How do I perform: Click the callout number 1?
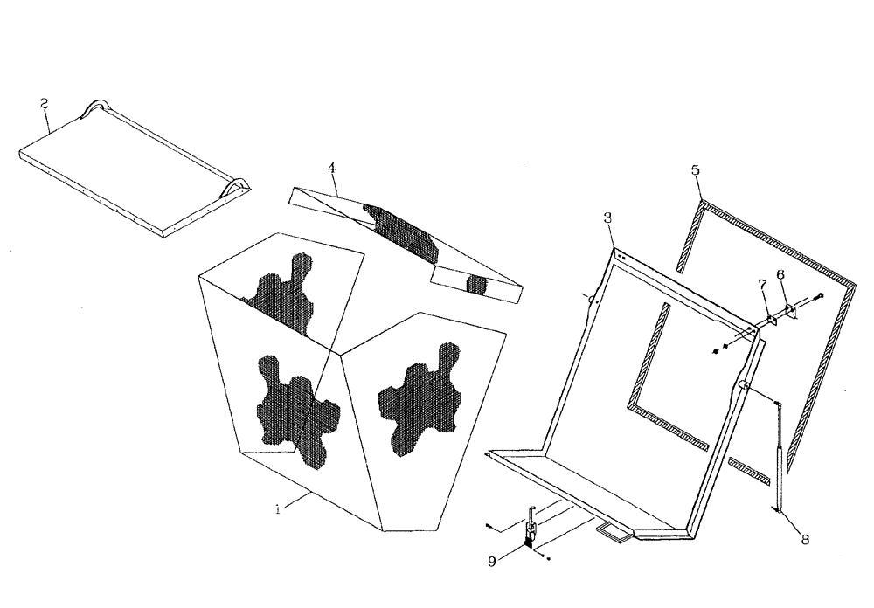point(278,509)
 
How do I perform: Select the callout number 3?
point(607,218)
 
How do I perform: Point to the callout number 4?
point(331,168)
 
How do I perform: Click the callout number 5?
point(696,169)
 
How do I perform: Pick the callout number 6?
point(780,274)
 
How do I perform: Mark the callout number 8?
point(804,540)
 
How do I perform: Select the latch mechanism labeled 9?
point(530,531)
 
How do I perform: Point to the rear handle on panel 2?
point(94,108)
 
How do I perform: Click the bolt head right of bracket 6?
point(821,296)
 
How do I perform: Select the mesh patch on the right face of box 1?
point(418,397)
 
